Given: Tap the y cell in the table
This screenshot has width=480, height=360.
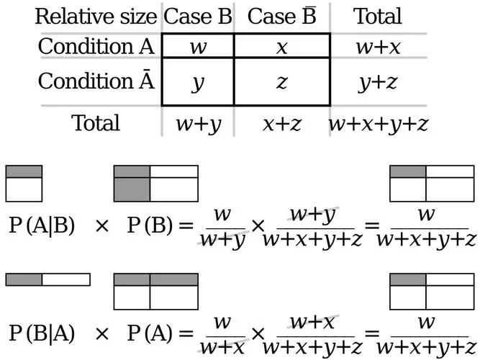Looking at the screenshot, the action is [198, 83].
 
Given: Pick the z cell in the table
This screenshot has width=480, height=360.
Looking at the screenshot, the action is [281, 82].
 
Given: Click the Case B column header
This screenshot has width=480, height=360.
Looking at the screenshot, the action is [198, 17].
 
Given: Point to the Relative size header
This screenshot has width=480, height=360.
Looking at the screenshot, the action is [96, 17].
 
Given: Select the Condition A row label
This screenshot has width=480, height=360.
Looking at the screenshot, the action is [96, 46].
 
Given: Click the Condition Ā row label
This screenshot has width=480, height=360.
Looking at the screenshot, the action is [96, 81].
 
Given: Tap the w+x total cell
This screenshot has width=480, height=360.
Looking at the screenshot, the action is [378, 48].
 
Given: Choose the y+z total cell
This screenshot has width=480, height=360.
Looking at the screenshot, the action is [378, 83].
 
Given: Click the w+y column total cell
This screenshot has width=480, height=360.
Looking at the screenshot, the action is [198, 125].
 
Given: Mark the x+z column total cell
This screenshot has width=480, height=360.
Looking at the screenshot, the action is [282, 125].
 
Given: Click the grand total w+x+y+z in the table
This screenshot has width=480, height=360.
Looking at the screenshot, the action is [378, 125].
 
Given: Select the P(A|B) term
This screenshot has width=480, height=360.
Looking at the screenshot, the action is [42, 226].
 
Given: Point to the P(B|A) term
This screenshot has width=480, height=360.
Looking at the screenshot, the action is [42, 333].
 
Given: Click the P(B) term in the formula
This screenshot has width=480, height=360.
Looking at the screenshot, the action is [150, 226].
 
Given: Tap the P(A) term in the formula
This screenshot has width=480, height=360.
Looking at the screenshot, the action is [150, 333].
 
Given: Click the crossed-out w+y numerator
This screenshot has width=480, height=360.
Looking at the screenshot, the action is [312, 215].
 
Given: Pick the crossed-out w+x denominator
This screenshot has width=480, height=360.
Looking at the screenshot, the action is [222, 347].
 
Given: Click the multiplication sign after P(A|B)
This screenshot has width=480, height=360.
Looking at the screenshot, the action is [102, 226].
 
